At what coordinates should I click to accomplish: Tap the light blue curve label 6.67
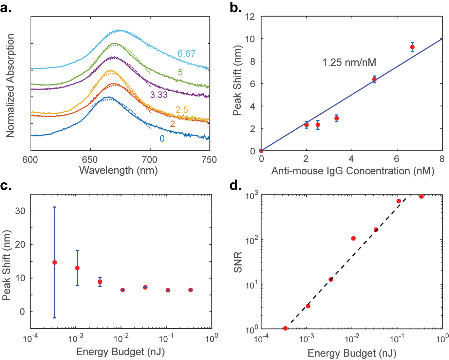(x=186, y=54)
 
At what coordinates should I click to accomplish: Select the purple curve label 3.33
(x=159, y=95)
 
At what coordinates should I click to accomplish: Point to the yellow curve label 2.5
(x=182, y=110)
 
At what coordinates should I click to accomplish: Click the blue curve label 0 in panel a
(x=162, y=138)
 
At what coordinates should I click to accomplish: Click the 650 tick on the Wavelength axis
(x=90, y=159)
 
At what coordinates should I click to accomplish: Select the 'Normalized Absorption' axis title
(x=10, y=86)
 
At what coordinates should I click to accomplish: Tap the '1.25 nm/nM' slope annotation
(x=349, y=62)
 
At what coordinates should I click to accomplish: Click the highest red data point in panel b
(x=412, y=47)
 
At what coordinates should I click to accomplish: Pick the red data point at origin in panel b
(x=261, y=151)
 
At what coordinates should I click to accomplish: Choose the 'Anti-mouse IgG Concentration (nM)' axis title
(x=353, y=171)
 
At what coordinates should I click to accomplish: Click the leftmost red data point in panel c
(x=54, y=262)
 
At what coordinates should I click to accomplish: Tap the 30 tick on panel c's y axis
(x=20, y=211)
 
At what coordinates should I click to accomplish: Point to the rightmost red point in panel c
(x=190, y=290)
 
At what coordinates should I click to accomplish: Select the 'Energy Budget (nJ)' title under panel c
(x=120, y=352)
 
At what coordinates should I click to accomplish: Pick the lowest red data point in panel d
(x=285, y=328)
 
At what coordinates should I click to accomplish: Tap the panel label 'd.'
(x=236, y=186)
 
